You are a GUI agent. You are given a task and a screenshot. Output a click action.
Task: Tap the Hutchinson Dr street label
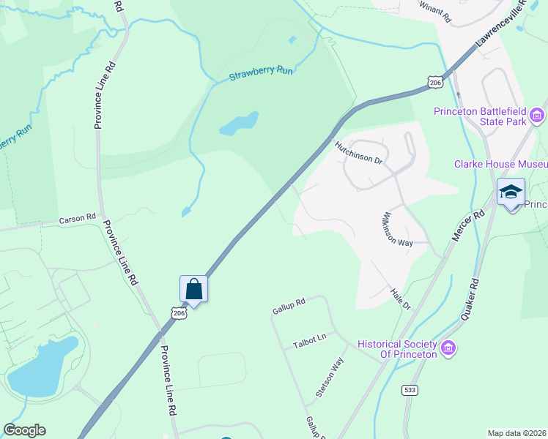[x=359, y=152]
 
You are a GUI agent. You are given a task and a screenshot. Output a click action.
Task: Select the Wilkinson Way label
[x=395, y=230]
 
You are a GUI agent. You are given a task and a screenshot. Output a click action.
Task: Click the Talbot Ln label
[x=309, y=340]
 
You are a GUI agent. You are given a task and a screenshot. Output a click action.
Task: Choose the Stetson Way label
[x=330, y=377]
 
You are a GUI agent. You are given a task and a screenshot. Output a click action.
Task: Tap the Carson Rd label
[x=78, y=218]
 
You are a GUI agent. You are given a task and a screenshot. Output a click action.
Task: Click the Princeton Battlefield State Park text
[x=481, y=116]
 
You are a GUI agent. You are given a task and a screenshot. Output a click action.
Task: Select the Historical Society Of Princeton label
[x=397, y=349]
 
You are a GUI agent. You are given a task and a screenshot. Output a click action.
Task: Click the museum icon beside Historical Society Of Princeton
[x=448, y=349]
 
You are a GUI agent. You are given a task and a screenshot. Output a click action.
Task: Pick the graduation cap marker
[x=511, y=192]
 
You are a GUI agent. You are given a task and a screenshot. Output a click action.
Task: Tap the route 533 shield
[x=410, y=390]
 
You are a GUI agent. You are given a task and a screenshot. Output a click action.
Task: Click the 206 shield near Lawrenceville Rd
[x=435, y=83]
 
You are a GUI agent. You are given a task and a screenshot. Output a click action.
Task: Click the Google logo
[x=25, y=430]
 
